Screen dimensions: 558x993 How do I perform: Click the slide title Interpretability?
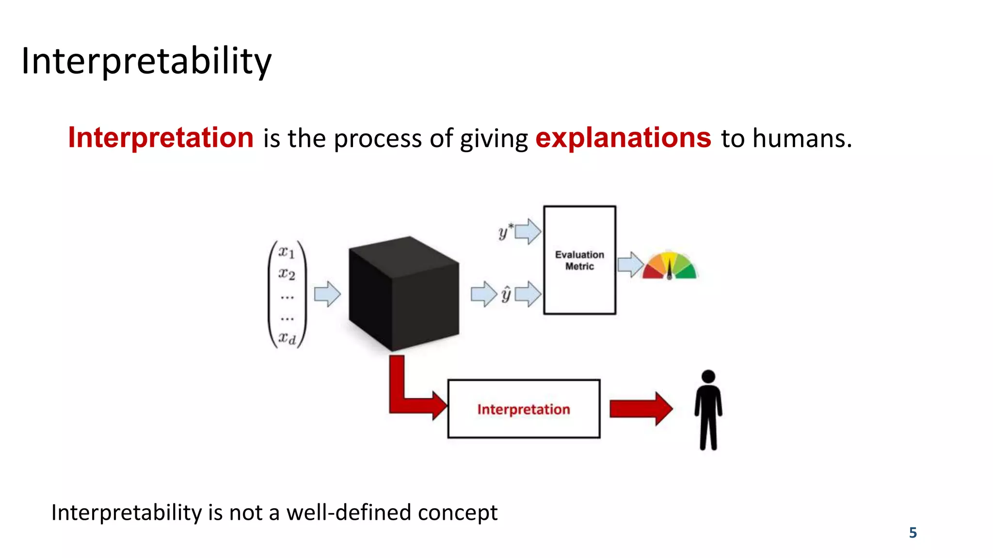146,61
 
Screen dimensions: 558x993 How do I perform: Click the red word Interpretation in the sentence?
160,138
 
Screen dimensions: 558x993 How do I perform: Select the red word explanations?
623,138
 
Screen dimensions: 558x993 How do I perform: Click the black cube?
403,293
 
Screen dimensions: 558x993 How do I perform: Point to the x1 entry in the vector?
287,252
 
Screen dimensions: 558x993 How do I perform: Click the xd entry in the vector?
287,338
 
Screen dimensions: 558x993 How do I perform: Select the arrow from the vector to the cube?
327,294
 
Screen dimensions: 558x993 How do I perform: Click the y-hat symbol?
506,294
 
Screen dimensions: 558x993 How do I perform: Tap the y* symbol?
505,232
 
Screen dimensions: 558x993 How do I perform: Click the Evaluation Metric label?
579,260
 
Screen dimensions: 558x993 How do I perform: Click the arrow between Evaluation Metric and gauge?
629,264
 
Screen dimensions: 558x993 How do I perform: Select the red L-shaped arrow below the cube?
407,395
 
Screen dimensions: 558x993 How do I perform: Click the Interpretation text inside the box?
524,409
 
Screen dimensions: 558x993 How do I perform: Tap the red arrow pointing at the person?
641,409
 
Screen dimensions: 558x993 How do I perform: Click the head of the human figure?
708,376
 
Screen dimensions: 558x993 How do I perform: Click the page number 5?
913,533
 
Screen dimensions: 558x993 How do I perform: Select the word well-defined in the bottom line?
349,512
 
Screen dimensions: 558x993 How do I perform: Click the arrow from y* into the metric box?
528,232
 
